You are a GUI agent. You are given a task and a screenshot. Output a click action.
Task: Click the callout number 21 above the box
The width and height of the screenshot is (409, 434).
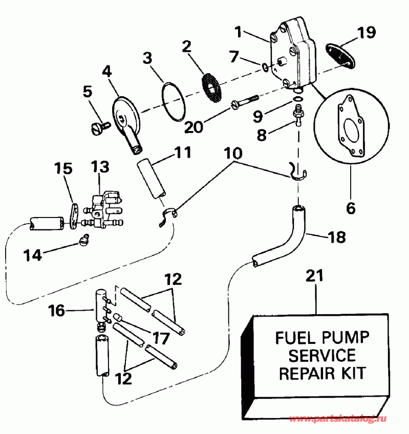pos(315,275)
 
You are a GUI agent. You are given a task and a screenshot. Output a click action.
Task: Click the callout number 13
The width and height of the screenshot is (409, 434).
pos(100,167)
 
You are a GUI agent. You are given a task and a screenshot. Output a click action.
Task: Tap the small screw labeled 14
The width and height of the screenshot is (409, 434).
pos(85,238)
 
